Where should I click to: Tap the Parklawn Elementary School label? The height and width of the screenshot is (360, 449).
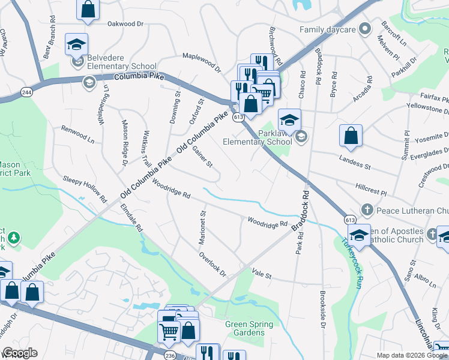tap(256, 137)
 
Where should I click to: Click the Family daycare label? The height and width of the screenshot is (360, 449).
tap(328, 29)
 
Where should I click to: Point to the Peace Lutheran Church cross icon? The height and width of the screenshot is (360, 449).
tap(367, 211)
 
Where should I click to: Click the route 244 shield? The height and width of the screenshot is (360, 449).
tap(26, 92)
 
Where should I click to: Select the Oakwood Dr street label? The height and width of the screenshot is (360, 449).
tap(126, 24)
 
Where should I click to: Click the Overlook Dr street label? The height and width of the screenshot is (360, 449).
tap(213, 264)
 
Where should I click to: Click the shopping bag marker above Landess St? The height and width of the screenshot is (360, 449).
tap(351, 136)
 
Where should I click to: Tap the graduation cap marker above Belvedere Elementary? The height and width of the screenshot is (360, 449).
tap(77, 44)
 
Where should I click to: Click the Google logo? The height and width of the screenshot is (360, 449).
tap(19, 353)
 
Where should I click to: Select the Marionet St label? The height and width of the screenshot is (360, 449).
tap(203, 227)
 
